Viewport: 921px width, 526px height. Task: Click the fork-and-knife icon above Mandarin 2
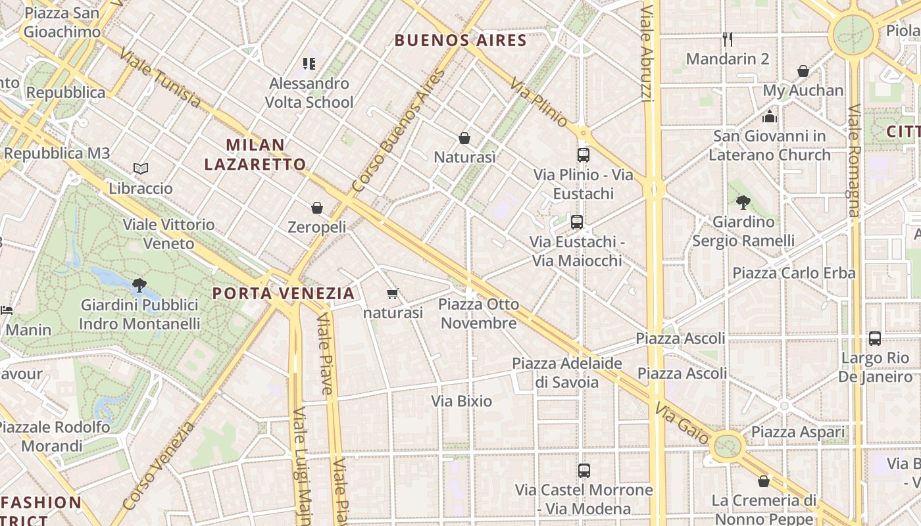tap(728, 39)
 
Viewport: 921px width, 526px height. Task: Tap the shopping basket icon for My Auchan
tap(803, 71)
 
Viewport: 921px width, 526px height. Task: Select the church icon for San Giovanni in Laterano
tap(770, 117)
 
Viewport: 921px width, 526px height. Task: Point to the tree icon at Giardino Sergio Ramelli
tap(743, 202)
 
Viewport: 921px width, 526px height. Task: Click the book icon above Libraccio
tap(141, 169)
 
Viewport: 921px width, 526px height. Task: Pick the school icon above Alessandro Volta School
tap(309, 64)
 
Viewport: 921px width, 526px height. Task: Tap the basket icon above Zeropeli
tap(317, 208)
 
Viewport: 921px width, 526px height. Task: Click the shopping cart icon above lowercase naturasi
tap(393, 293)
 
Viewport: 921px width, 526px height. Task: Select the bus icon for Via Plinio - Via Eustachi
tap(584, 155)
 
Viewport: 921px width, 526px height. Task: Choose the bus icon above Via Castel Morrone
tap(584, 471)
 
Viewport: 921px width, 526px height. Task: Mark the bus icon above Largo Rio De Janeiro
tap(875, 339)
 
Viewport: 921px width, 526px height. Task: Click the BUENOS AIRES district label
tap(460, 41)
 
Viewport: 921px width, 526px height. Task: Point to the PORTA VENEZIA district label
tap(284, 293)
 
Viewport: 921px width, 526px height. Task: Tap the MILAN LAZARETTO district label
tap(255, 155)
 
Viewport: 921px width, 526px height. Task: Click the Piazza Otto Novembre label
tap(478, 314)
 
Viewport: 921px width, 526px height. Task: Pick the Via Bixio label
tap(461, 401)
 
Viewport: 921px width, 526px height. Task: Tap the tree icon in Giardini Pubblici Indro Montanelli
tap(139, 285)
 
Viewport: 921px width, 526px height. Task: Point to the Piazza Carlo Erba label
tap(794, 273)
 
